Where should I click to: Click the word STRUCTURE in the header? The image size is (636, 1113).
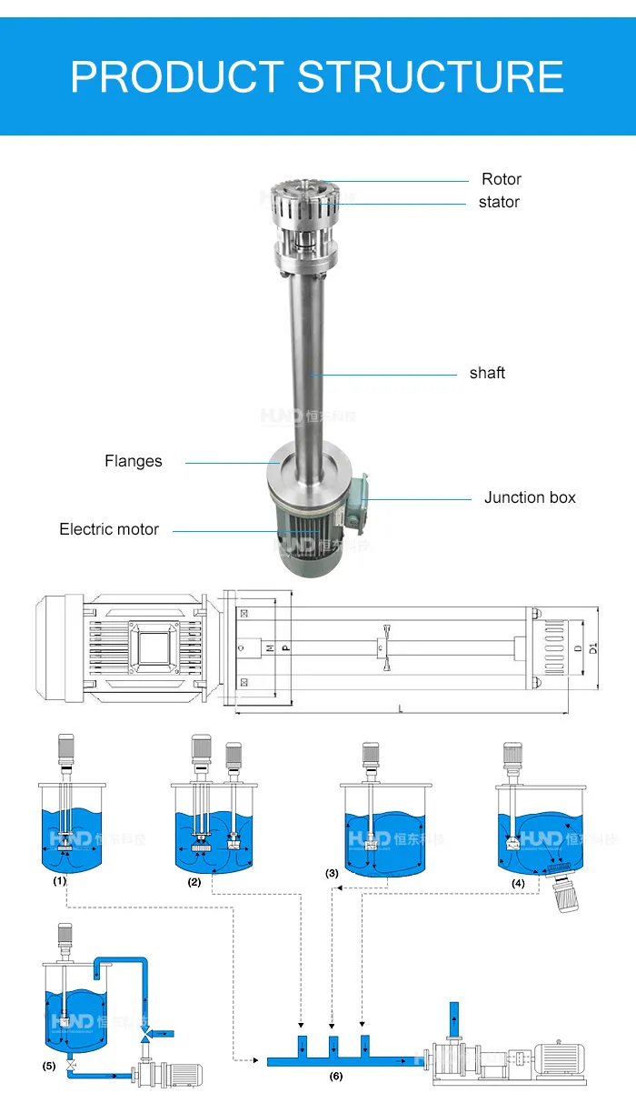[431, 76]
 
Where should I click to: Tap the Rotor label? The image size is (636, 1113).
[502, 179]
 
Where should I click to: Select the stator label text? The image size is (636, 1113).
[499, 202]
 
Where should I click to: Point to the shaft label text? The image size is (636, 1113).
[487, 373]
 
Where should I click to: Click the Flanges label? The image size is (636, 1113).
[134, 461]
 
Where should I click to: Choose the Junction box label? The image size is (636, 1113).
[530, 497]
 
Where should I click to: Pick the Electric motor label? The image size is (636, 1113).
[109, 529]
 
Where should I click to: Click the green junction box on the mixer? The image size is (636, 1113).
[356, 498]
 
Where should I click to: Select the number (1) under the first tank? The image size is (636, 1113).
[60, 880]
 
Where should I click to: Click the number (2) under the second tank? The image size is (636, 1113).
[194, 882]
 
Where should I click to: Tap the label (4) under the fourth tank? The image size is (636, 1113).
[518, 882]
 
